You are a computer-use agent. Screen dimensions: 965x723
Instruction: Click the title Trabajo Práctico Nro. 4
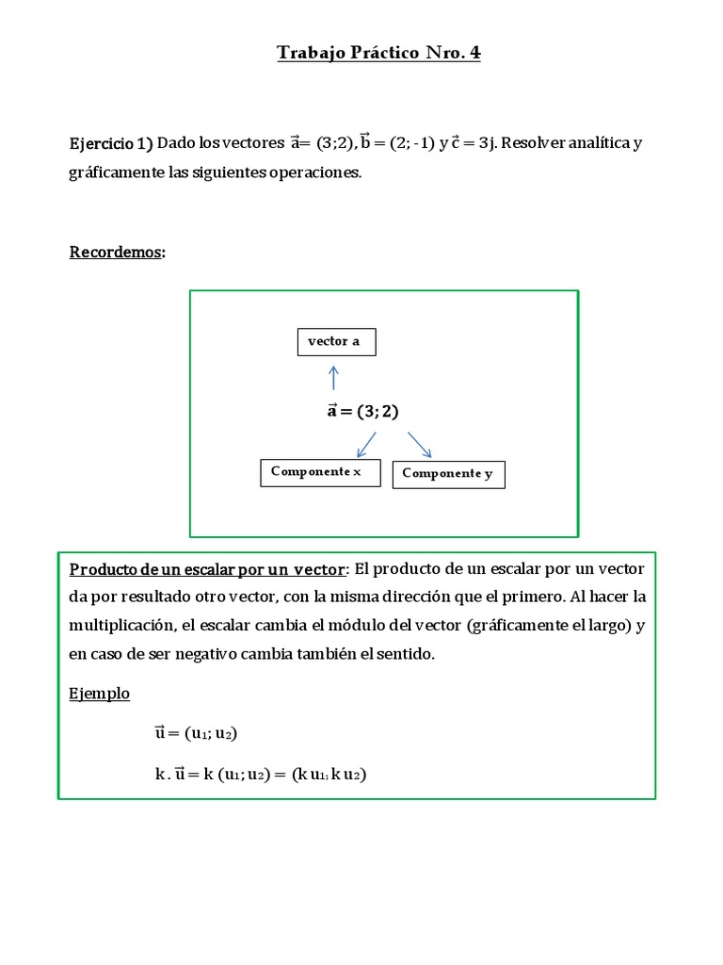[x=378, y=54]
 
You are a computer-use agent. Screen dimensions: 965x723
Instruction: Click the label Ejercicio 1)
[x=111, y=144]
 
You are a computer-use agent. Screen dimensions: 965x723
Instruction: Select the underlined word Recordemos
[x=116, y=252]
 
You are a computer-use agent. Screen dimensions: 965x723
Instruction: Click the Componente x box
[x=316, y=472]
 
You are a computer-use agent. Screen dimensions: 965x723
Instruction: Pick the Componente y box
[x=448, y=474]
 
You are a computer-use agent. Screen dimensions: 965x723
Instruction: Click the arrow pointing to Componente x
[x=365, y=444]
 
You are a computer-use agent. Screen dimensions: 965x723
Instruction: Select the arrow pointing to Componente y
[x=419, y=444]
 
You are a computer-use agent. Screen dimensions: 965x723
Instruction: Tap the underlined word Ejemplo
[x=100, y=694]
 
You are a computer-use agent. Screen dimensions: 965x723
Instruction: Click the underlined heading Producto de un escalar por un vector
[x=208, y=569]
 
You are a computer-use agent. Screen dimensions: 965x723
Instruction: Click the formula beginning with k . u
[x=260, y=775]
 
